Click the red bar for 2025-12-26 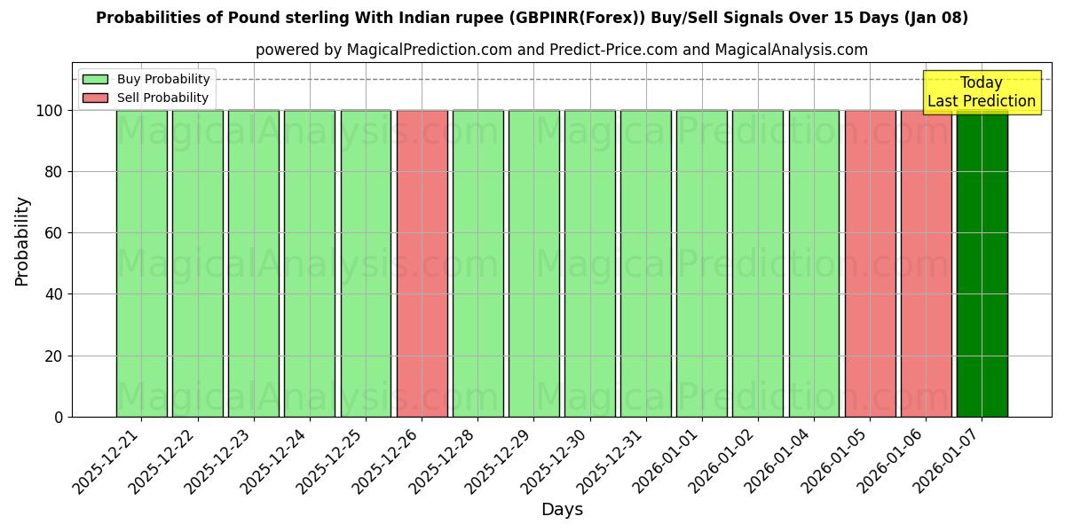coord(422,263)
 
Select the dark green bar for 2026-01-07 coord(982,263)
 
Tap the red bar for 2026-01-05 coord(870,263)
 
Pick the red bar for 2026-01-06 coord(926,263)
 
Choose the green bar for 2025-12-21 coord(141,263)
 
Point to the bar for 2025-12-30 coord(589,263)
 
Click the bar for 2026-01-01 coord(701,263)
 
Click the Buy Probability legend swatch coord(95,80)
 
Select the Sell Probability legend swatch coord(95,98)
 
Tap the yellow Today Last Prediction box coord(981,92)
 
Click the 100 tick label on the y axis coord(49,111)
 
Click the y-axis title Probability coord(22,241)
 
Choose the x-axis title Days coord(562,510)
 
